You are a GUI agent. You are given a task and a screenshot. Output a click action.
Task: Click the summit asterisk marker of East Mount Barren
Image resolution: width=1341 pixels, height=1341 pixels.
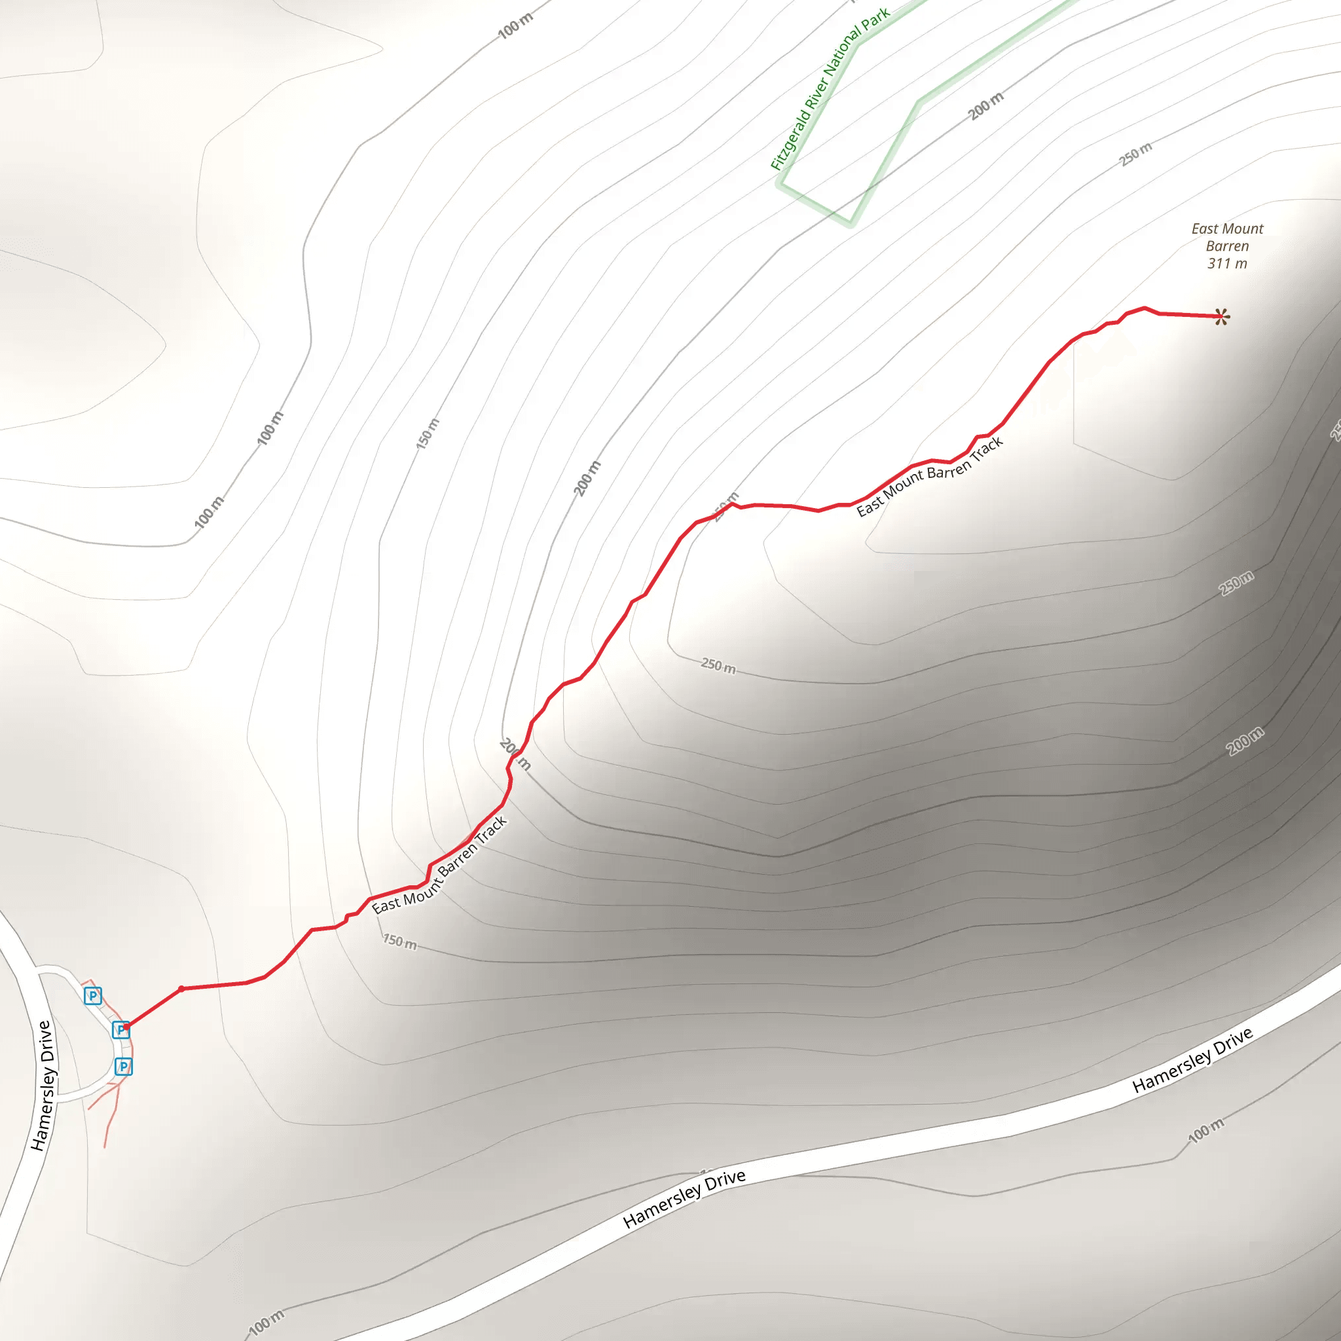(1222, 317)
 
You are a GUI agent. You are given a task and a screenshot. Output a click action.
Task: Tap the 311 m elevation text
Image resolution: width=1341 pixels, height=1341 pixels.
(1226, 264)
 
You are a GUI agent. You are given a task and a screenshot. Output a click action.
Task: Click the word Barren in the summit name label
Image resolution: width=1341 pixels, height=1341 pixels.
(1227, 246)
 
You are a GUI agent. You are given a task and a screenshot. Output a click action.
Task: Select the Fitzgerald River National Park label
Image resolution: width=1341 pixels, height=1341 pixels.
(830, 89)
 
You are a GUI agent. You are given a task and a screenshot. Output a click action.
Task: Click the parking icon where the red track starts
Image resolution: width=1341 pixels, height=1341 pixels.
(120, 1029)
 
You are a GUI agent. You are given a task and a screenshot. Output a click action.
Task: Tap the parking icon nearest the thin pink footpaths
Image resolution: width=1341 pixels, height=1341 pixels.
(124, 1066)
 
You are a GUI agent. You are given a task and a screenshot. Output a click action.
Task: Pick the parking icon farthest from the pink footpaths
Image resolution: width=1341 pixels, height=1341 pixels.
(93, 996)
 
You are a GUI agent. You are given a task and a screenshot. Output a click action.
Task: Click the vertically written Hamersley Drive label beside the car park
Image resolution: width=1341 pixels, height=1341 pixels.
(42, 1086)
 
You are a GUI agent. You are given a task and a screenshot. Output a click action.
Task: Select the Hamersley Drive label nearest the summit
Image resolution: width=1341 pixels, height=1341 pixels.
(1192, 1060)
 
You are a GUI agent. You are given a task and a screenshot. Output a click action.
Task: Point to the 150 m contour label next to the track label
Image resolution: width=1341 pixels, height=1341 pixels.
(400, 942)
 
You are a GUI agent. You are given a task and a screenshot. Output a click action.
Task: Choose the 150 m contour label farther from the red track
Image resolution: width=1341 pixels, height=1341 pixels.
(428, 434)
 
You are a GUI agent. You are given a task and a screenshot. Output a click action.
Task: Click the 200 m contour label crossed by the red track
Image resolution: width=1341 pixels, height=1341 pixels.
(515, 754)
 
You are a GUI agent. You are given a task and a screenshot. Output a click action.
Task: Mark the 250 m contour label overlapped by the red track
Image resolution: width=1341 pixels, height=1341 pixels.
(727, 507)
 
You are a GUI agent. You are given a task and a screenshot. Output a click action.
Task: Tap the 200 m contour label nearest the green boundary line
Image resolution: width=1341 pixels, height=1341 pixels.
(985, 106)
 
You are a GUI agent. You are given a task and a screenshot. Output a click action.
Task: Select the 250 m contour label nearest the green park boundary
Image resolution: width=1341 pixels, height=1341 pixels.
(1135, 154)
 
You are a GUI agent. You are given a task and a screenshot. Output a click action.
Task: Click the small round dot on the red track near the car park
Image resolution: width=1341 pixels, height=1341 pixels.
(181, 988)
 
